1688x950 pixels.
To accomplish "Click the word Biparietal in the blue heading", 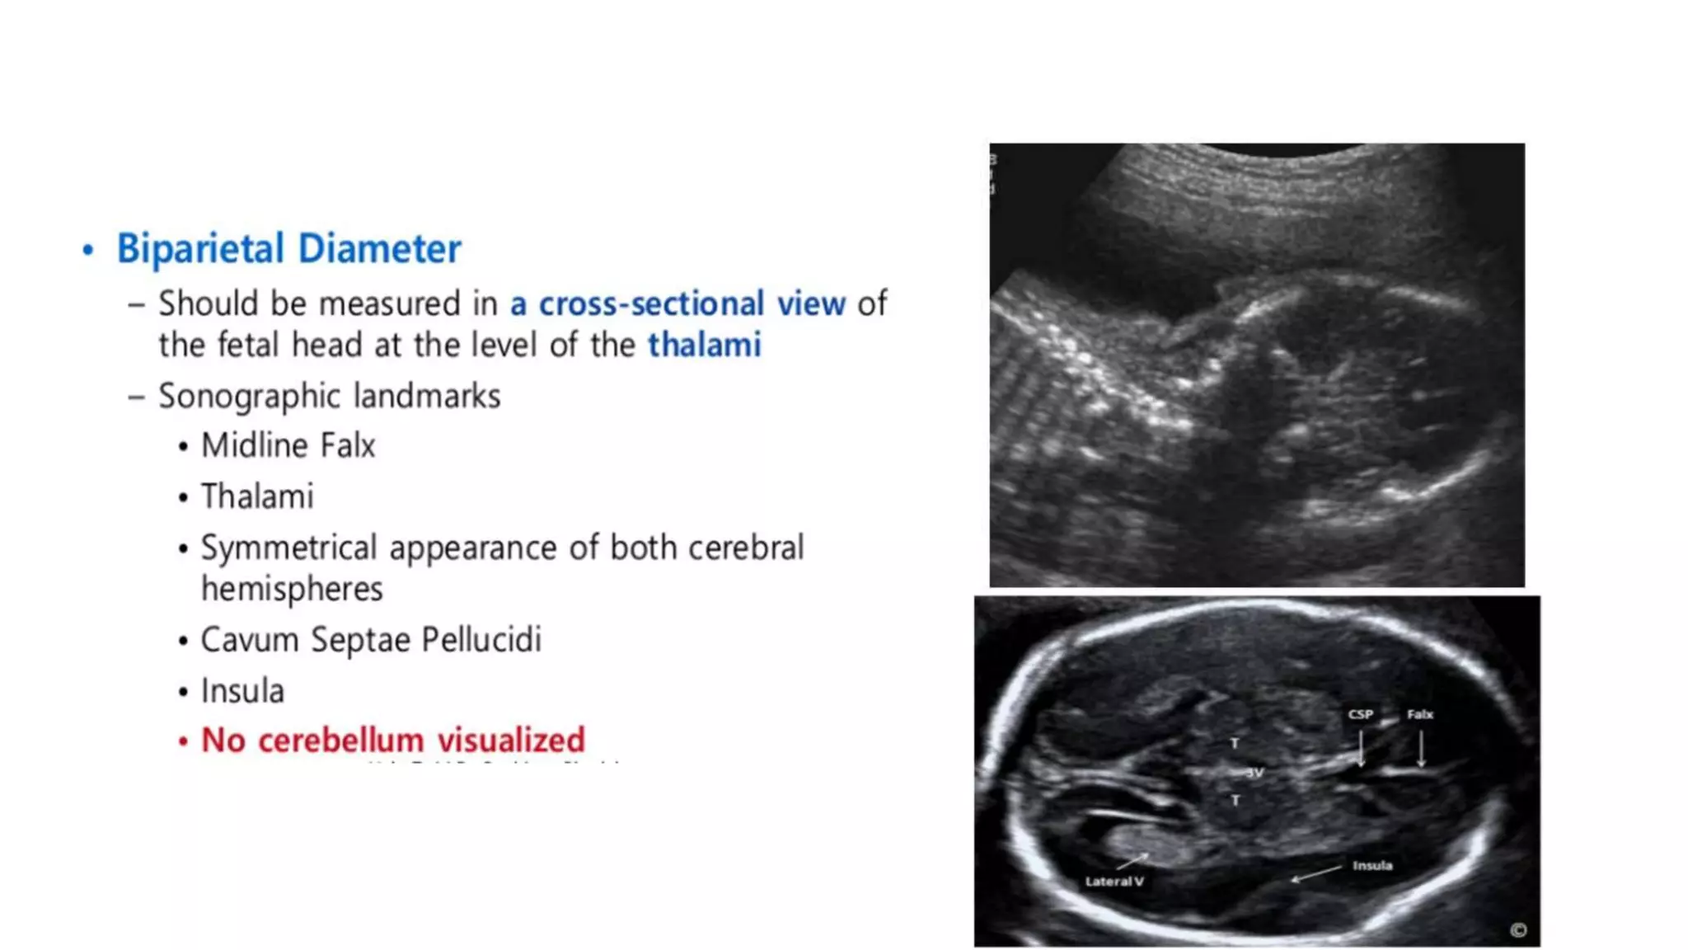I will pyautogui.click(x=200, y=249).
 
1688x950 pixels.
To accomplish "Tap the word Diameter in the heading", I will pyautogui.click(x=379, y=249).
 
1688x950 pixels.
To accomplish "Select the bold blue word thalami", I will pyautogui.click(x=704, y=345).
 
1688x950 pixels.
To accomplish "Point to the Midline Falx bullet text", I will pyautogui.click(x=288, y=446).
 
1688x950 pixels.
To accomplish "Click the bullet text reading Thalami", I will pyautogui.click(x=257, y=497).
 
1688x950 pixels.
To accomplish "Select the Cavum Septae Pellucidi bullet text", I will pyautogui.click(x=371, y=640).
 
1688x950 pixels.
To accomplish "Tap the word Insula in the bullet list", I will pyautogui.click(x=242, y=691).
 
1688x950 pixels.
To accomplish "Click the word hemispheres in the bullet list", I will pyautogui.click(x=292, y=590).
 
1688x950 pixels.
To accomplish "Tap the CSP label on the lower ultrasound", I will pyautogui.click(x=1360, y=714).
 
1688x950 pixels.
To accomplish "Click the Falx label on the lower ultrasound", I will pyautogui.click(x=1419, y=714).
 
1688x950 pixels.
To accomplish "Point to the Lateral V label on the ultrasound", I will pyautogui.click(x=1114, y=881).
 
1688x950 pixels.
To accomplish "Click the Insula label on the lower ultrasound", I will pyautogui.click(x=1372, y=865).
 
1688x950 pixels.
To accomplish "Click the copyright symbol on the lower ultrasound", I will pyautogui.click(x=1518, y=930).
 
